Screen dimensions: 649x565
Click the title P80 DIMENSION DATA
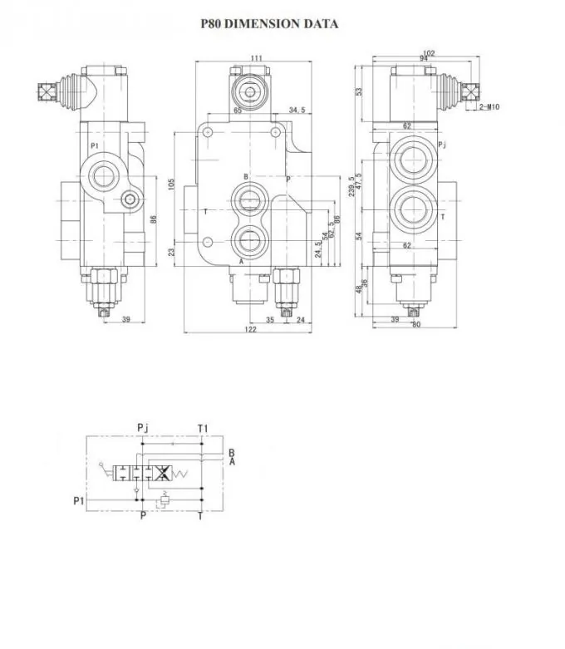coord(269,24)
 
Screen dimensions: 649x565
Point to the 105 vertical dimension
coord(172,184)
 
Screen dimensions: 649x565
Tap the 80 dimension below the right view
coord(415,324)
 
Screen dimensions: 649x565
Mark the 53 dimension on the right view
coord(358,91)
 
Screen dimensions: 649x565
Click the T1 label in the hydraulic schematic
coord(203,429)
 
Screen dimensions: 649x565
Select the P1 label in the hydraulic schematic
coord(79,500)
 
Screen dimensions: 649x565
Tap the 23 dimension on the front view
coord(172,252)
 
